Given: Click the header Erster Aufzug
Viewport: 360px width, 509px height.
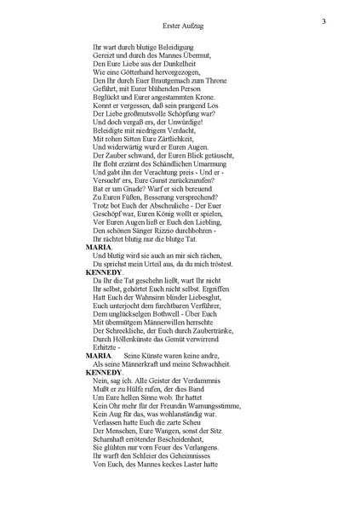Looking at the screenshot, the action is point(182,26).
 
